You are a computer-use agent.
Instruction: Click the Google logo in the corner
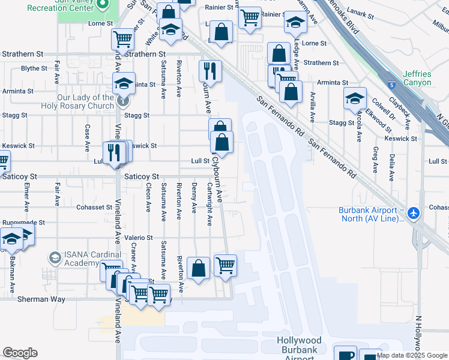(20, 353)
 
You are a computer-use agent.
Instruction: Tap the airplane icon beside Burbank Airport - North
(413, 213)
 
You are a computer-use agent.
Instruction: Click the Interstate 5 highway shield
(391, 86)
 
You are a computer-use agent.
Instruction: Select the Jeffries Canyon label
(417, 78)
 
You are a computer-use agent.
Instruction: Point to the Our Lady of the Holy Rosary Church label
(77, 101)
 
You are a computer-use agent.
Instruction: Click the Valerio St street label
(139, 238)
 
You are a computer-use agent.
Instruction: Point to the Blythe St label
(34, 68)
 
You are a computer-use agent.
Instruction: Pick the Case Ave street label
(88, 137)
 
